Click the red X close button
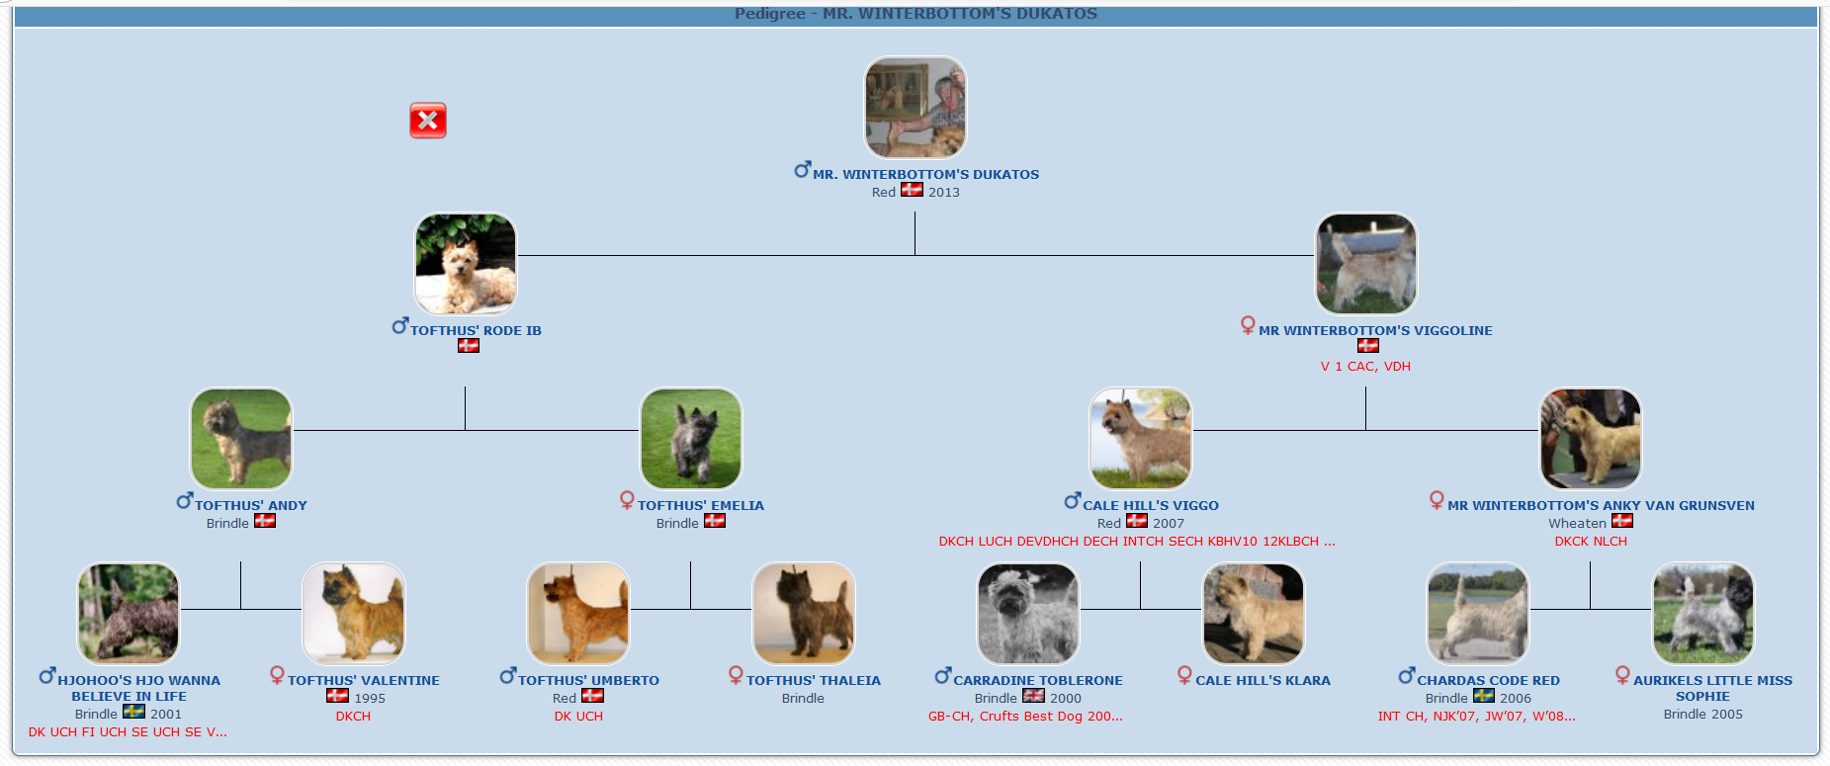point(428,121)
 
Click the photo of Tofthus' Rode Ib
point(466,264)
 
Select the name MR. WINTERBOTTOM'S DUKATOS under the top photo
point(925,174)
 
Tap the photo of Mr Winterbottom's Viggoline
point(1366,264)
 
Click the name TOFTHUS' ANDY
point(251,505)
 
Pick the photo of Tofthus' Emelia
point(691,439)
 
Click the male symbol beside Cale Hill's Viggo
point(1073,501)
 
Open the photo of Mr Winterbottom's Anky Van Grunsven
point(1591,439)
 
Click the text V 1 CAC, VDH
point(1365,366)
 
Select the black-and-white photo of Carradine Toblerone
point(1028,614)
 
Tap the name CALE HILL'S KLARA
point(1263,680)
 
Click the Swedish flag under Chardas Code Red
point(1484,696)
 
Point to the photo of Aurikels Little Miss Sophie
point(1703,614)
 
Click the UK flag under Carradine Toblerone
point(1033,696)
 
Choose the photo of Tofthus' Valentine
point(354,614)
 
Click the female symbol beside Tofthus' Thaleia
point(736,675)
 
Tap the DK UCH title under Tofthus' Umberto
point(578,717)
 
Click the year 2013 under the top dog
point(944,192)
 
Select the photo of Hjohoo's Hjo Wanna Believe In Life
point(129,614)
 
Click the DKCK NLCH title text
point(1591,541)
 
